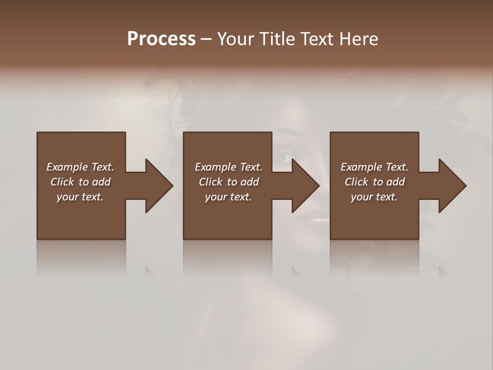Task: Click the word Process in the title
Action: click(x=161, y=39)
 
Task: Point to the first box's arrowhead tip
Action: click(x=172, y=186)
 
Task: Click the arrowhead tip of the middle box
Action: click(x=318, y=186)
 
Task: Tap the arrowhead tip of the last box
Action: click(x=465, y=186)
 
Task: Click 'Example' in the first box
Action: click(x=67, y=167)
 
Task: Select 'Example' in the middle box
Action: click(x=215, y=167)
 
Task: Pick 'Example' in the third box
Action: click(x=361, y=167)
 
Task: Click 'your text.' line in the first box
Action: click(x=80, y=197)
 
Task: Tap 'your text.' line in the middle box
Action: click(x=229, y=197)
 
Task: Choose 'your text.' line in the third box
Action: click(x=374, y=197)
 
